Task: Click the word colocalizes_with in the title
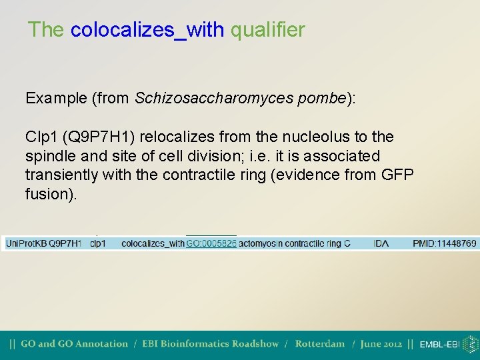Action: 147,30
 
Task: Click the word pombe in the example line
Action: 321,99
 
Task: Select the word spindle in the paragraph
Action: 49,157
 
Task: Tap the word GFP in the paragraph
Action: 397,175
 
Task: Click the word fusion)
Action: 50,195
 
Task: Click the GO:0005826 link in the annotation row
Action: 211,244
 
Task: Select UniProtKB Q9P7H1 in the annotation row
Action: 43,244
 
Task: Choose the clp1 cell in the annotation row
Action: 98,244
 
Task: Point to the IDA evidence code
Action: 381,244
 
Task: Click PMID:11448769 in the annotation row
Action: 444,244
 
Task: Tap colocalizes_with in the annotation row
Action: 153,244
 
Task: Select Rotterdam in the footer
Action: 319,345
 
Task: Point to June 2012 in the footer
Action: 381,345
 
